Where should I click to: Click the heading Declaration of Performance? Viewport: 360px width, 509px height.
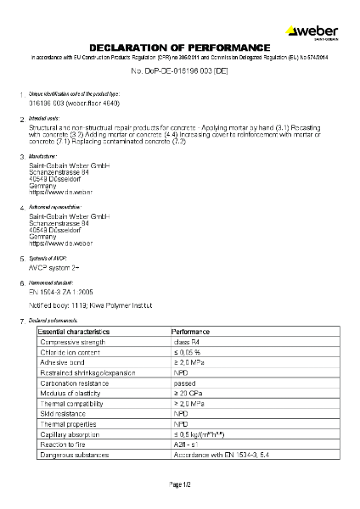pos(180,47)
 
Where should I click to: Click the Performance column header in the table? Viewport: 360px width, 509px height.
pos(197,332)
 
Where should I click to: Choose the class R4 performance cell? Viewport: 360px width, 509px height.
pos(188,342)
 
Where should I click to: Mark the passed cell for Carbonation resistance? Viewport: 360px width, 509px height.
pos(185,382)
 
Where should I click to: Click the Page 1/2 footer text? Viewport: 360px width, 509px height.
pos(180,484)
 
